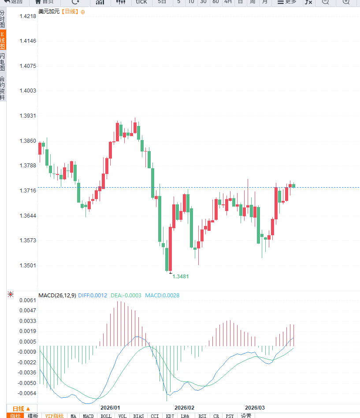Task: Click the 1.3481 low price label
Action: point(181,277)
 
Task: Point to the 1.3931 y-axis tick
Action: point(28,116)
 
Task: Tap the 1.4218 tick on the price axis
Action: point(28,16)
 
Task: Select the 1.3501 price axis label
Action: point(28,266)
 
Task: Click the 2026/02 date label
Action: point(184,408)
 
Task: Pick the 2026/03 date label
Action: point(255,408)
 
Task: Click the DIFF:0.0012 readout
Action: point(93,296)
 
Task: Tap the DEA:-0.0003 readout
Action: point(126,296)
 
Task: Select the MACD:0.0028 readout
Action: point(162,296)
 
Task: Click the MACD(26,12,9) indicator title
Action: point(57,296)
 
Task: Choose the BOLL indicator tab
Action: point(106,416)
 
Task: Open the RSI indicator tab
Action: point(202,416)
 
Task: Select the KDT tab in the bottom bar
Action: point(170,416)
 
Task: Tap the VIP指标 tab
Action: point(55,416)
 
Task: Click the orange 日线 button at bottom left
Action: point(21,408)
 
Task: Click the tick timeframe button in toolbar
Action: point(141,2)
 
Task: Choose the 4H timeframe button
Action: point(228,2)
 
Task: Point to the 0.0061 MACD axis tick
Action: point(28,300)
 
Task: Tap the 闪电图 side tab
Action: point(3,62)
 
